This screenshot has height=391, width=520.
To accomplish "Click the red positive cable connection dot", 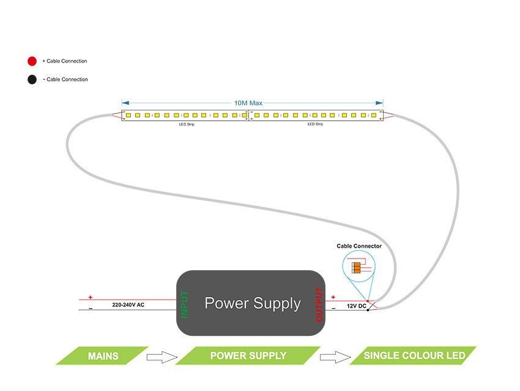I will click(x=32, y=61).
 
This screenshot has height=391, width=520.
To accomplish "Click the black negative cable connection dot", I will click(x=32, y=79).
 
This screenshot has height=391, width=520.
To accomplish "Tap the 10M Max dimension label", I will click(x=248, y=103).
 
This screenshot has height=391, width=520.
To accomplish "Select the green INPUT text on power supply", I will click(x=185, y=303).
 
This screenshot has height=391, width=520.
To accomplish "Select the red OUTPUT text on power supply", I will click(x=319, y=304).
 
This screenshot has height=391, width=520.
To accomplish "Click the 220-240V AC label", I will click(x=128, y=305).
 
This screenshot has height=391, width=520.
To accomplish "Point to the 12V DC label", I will click(x=356, y=305).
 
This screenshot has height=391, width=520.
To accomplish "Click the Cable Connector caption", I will click(x=359, y=246).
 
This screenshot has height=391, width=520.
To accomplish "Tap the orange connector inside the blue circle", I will click(x=357, y=267).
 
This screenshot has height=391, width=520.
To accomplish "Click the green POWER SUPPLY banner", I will click(x=248, y=355).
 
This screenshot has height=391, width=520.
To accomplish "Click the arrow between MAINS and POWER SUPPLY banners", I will click(x=162, y=357).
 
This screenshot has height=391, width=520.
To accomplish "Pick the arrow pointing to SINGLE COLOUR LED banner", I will click(x=334, y=357).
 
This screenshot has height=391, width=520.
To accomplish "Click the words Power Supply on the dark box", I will click(x=253, y=303).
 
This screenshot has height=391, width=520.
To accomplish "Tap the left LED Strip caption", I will click(x=187, y=124).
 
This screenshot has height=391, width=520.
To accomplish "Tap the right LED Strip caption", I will click(x=315, y=124).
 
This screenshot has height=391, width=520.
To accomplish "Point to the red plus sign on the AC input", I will click(x=91, y=297).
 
